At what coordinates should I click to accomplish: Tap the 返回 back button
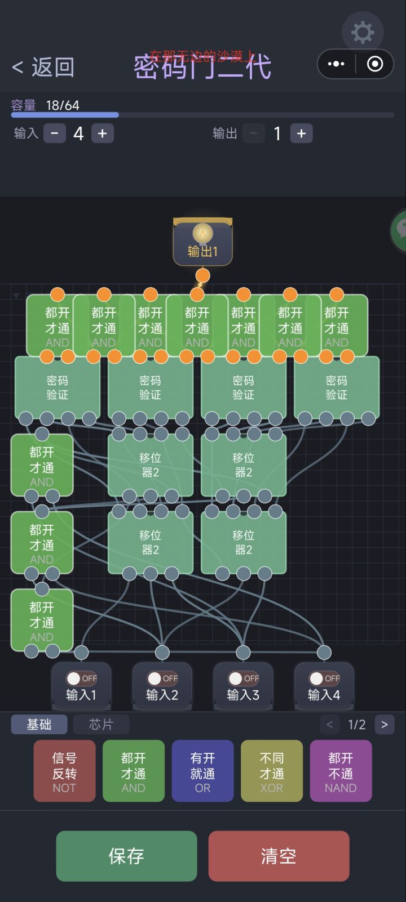[43, 67]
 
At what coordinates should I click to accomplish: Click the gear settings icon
[362, 32]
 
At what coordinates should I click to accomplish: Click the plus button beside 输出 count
[301, 133]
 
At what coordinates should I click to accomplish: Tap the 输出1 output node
[202, 243]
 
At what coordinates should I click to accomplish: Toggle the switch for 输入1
[81, 678]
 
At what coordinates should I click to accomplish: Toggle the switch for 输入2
[162, 678]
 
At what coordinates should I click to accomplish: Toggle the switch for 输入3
[243, 678]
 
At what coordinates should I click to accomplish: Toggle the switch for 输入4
[324, 678]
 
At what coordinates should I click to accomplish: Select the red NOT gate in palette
[64, 771]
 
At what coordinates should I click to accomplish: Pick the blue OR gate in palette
[202, 771]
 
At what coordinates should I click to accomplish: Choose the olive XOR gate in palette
[271, 771]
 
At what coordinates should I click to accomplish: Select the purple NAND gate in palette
[341, 771]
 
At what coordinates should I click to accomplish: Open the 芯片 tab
[101, 725]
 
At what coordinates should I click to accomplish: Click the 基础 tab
[39, 725]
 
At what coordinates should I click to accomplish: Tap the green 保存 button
[126, 856]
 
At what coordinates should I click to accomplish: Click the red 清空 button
[279, 856]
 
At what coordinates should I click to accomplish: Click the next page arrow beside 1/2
[385, 725]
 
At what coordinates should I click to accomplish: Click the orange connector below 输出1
[202, 275]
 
